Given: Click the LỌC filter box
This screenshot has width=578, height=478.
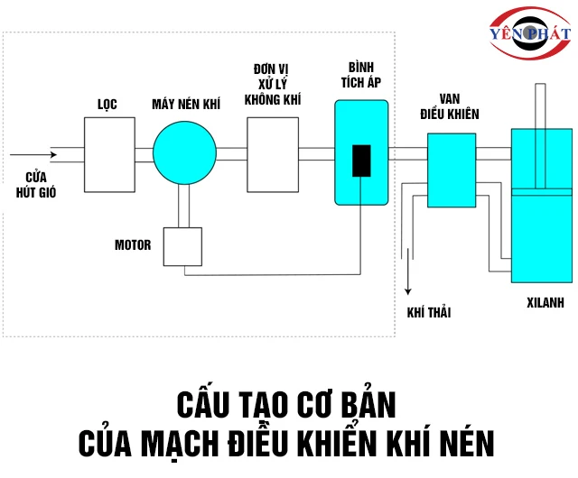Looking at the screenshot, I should point(109,153).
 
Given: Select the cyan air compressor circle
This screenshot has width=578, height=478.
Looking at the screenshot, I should point(184,153).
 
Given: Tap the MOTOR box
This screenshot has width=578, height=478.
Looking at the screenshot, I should point(183,246).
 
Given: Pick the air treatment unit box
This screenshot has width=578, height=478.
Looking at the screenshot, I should point(273,153).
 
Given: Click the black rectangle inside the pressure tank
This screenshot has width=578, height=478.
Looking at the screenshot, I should point(361,161).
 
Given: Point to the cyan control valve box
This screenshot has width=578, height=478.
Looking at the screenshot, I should point(452,169).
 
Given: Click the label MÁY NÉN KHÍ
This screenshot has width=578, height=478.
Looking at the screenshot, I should point(185,105).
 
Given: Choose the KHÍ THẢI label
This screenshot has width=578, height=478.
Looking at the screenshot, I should point(429,312).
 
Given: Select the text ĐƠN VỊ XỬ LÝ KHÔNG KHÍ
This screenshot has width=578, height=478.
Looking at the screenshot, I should point(273,86).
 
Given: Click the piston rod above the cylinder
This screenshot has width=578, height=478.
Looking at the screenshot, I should point(542,106).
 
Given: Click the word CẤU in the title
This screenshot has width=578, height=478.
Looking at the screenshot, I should point(201,402).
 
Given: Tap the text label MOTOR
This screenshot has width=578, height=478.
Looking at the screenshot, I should point(133,245).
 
